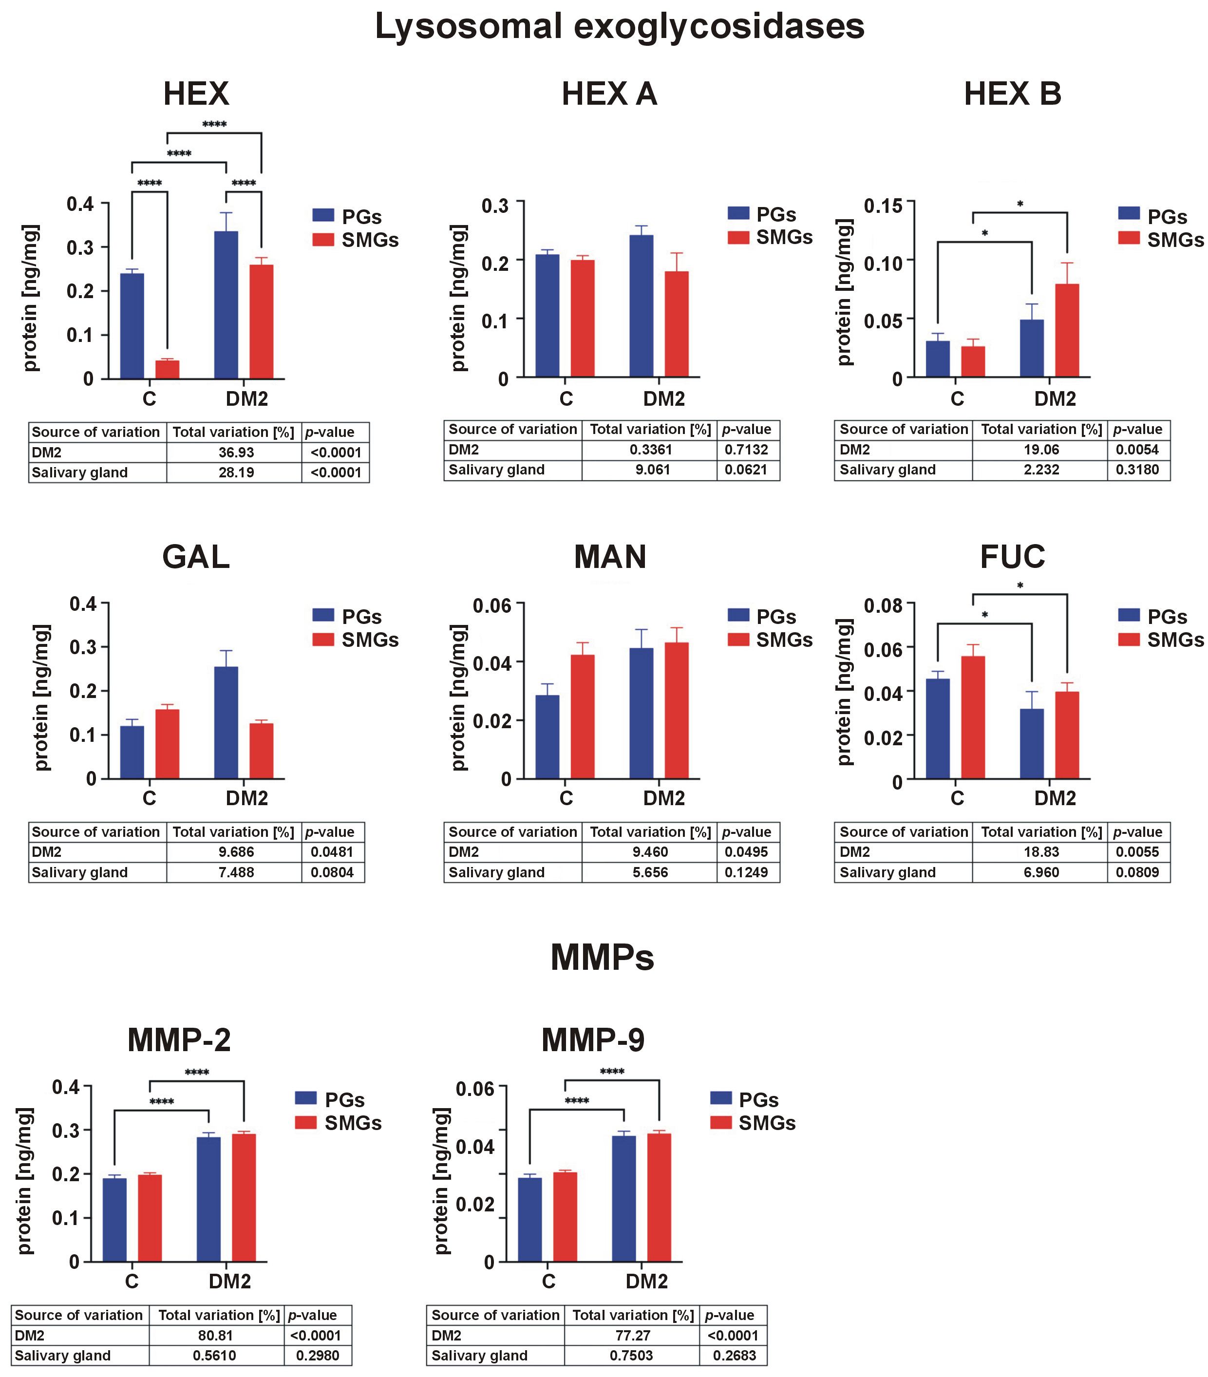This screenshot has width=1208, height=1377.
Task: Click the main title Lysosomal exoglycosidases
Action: tap(619, 27)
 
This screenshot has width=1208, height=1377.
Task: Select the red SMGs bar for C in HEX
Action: tap(167, 369)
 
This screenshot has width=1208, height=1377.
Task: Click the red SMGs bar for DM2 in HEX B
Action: tap(1067, 330)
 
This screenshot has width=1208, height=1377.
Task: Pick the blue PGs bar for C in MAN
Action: tap(547, 736)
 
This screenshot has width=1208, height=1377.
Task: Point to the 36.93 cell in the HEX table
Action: tap(236, 452)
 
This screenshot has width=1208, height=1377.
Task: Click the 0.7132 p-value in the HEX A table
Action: tap(746, 450)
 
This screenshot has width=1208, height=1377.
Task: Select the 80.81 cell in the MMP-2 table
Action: tap(216, 1335)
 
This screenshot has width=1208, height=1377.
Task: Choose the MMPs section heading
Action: tap(602, 957)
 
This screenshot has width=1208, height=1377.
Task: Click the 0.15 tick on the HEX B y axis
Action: tap(883, 205)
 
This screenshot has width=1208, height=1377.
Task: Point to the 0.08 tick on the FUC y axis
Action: tap(883, 605)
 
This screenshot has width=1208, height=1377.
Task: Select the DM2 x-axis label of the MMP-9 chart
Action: tap(646, 1281)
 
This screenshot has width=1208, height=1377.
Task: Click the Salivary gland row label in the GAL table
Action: tap(79, 872)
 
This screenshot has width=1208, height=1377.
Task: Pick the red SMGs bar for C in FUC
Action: tap(972, 717)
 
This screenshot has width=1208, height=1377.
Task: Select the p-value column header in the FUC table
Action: tap(1137, 832)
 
